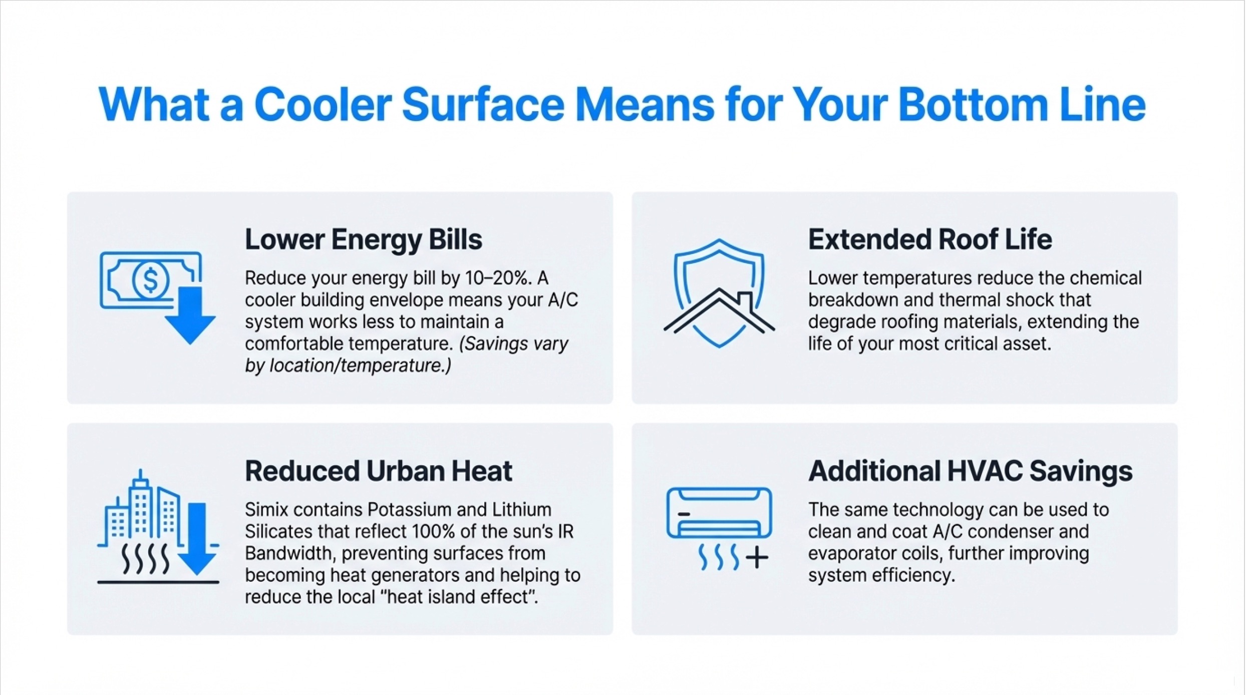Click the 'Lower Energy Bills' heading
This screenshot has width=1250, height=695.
(363, 240)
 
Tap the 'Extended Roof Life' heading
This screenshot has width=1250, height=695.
(929, 239)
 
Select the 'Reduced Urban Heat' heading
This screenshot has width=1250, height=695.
(378, 471)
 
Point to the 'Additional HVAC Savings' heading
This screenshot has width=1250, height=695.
(970, 471)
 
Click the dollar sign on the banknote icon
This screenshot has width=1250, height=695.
(150, 279)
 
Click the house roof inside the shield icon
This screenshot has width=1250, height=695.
(719, 310)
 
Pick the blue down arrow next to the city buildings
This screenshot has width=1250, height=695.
(197, 539)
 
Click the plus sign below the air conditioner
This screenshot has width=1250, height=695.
(757, 557)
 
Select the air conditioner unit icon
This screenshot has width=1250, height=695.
(719, 513)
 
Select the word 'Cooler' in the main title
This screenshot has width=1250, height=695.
(323, 105)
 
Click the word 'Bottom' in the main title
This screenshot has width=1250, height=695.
(973, 105)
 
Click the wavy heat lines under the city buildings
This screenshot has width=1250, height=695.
(146, 559)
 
